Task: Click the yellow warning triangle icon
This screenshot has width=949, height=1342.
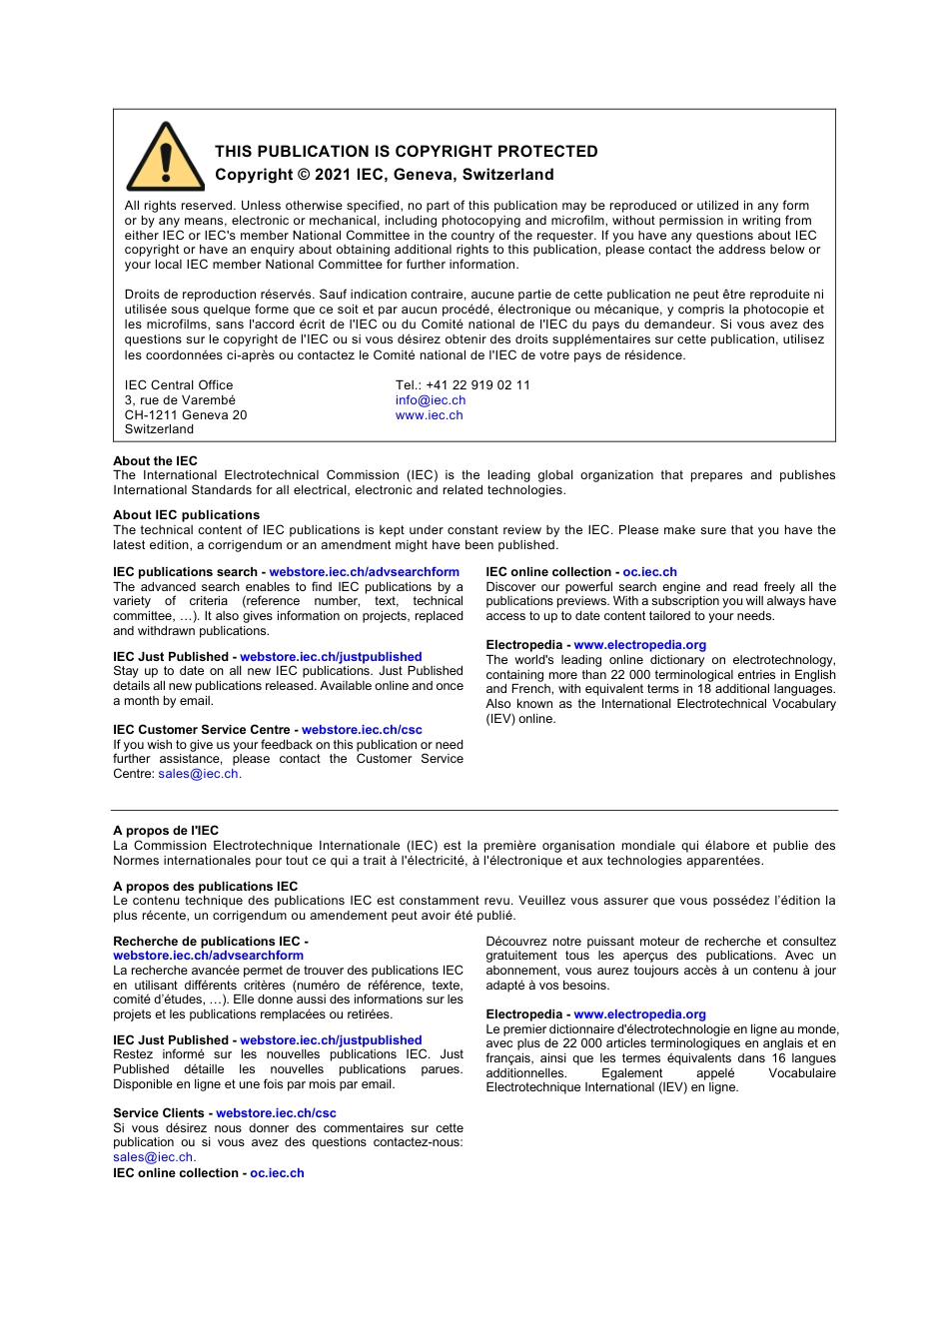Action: point(165,159)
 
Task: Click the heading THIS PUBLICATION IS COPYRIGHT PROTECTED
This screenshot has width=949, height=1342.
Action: point(406,152)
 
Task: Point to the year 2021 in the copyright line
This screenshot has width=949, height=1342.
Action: point(333,175)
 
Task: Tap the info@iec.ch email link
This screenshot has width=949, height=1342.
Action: point(430,400)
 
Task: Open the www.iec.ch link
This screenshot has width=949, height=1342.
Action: point(429,415)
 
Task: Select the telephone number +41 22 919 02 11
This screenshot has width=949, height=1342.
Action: point(477,385)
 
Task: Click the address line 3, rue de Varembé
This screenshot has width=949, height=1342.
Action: point(180,400)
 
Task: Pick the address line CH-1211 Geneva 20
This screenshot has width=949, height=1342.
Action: point(186,415)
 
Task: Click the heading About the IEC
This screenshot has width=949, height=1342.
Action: point(155,461)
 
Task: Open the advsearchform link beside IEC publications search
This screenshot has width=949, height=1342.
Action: point(364,572)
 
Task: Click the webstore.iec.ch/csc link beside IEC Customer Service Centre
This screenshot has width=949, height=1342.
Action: point(362,730)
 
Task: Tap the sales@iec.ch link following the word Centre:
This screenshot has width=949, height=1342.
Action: point(198,774)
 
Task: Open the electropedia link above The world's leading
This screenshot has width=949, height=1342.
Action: point(639,645)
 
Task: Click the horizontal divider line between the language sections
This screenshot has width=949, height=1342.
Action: point(474,810)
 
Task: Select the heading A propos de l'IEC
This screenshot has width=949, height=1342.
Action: point(166,831)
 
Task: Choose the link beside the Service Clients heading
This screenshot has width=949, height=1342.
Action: point(276,1113)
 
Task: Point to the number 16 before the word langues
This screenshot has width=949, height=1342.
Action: point(778,1058)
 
